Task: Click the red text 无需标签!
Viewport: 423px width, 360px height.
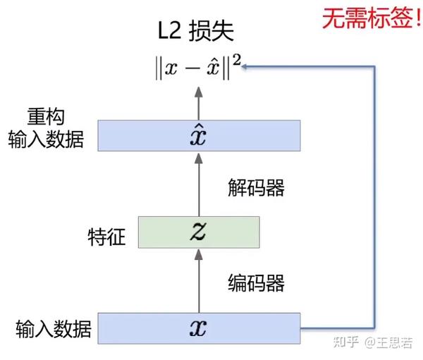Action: tap(372, 18)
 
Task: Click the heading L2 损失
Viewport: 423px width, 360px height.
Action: tap(196, 31)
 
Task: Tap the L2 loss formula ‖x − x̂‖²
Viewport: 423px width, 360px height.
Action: tap(197, 67)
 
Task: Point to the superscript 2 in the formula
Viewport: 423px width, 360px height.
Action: tap(237, 60)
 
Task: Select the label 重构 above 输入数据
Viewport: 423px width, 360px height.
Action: tap(46, 116)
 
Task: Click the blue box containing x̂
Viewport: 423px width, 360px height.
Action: tap(199, 135)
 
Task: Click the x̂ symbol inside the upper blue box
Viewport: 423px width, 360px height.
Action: tap(198, 135)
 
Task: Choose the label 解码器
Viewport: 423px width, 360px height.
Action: tap(256, 187)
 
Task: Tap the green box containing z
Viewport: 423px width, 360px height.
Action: tap(199, 232)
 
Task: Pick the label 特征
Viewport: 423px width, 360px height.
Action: tap(106, 237)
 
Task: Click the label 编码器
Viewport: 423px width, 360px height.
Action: tap(256, 283)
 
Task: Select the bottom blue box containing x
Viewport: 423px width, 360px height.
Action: tap(199, 328)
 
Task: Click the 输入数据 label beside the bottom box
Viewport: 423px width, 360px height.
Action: tap(54, 329)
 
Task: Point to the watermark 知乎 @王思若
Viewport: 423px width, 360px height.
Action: tap(373, 342)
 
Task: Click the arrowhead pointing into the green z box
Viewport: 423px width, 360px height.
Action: tap(199, 254)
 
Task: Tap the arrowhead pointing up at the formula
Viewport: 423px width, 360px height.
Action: tap(199, 92)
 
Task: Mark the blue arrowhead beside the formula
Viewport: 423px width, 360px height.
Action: tap(245, 66)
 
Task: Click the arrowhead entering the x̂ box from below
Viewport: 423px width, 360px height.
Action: tap(199, 158)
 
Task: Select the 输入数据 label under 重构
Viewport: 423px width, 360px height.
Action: tap(46, 139)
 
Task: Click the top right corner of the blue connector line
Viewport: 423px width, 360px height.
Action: tap(374, 66)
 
